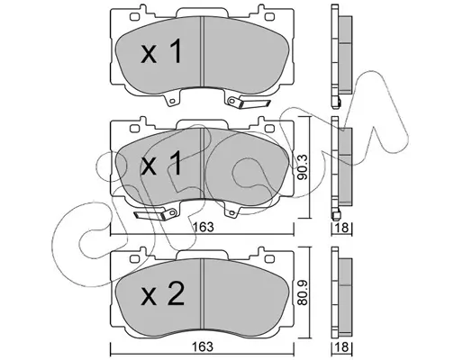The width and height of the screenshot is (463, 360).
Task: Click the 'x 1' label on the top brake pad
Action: [161, 51]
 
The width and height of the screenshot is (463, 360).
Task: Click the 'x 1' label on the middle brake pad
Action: [161, 163]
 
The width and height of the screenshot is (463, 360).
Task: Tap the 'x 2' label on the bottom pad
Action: [162, 294]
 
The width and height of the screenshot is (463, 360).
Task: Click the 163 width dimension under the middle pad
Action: [204, 227]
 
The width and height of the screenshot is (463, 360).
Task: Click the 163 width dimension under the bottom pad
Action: [204, 346]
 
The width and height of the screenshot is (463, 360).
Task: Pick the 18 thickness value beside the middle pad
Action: [342, 228]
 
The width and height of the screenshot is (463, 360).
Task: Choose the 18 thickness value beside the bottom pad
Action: [342, 347]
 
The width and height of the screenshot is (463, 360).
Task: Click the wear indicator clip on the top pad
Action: [250, 103]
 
